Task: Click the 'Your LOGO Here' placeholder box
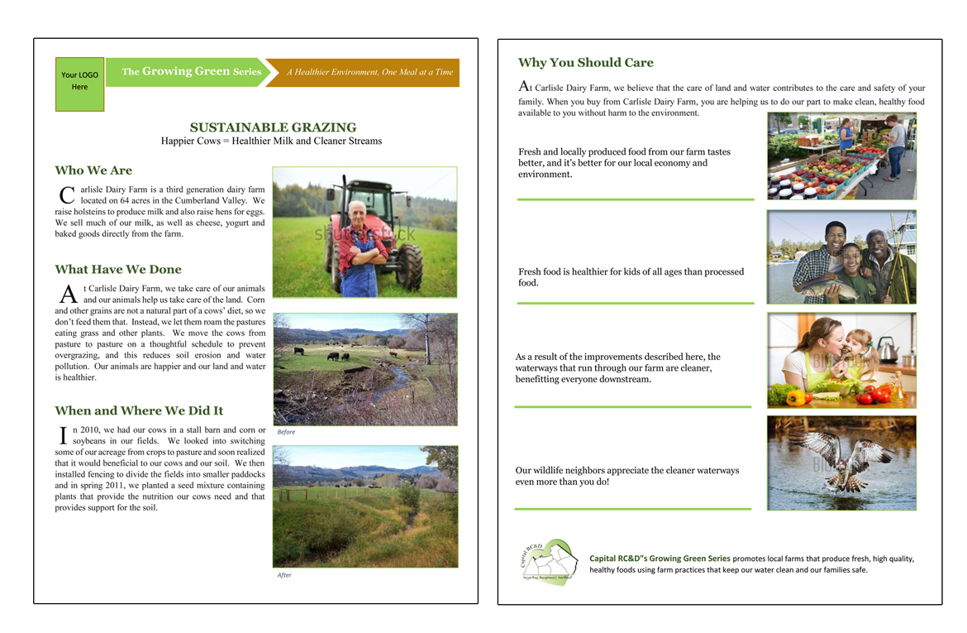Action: point(79,84)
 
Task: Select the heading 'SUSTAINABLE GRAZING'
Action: point(273,127)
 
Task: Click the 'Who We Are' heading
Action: point(93,170)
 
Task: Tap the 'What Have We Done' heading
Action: point(118,270)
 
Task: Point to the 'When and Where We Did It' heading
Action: point(139,411)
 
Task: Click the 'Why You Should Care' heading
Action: point(585,63)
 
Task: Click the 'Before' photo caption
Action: point(286,432)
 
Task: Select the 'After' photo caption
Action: point(284,575)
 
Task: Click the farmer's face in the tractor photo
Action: point(358,213)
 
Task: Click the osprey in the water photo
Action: point(843,459)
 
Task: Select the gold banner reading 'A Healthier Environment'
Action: point(369,73)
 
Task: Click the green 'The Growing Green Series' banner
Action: point(191,72)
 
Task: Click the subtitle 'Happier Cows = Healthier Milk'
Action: point(271,141)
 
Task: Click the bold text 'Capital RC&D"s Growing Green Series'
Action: point(660,559)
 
